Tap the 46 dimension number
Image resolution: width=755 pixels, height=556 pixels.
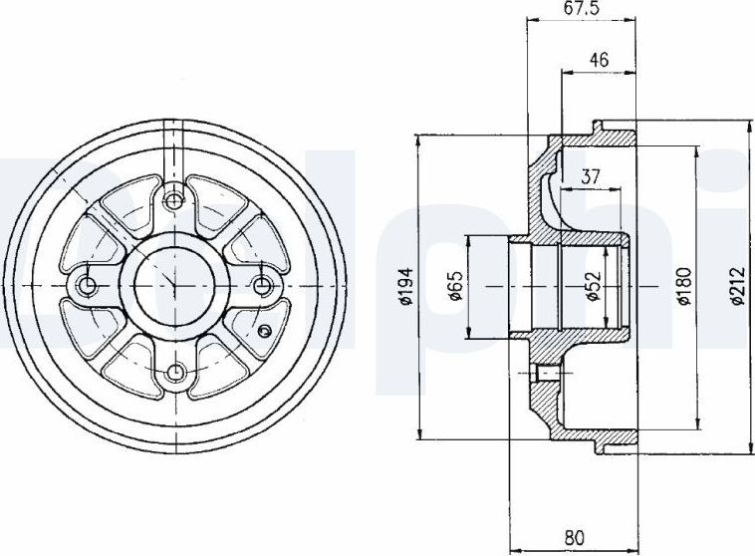(599, 59)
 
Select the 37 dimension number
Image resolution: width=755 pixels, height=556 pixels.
(590, 176)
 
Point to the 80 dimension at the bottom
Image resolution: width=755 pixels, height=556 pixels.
(573, 537)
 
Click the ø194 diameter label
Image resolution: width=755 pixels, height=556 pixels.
(406, 286)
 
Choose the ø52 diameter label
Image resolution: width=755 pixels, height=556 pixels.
(594, 286)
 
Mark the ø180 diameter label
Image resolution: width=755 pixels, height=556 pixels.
(683, 286)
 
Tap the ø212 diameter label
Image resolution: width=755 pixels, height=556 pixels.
(737, 286)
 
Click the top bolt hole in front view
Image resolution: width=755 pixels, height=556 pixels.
(173, 200)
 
